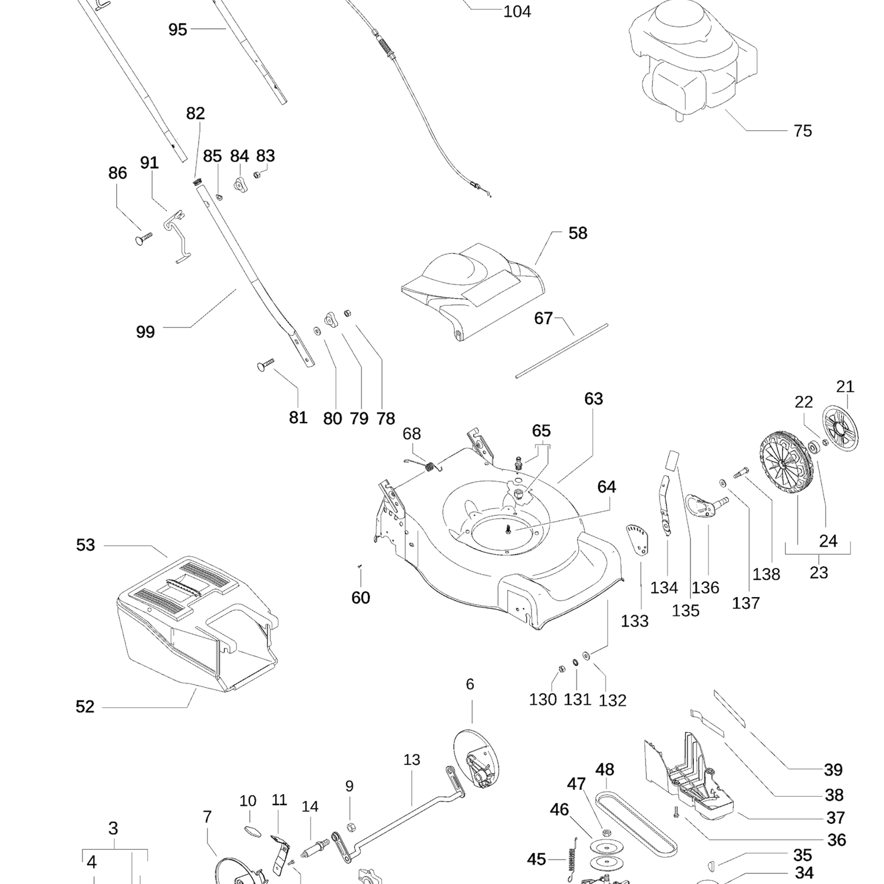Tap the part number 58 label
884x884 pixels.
[x=578, y=233]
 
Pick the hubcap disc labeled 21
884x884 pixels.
[x=841, y=435]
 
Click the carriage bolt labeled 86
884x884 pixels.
[x=143, y=238]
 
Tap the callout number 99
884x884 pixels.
[x=146, y=332]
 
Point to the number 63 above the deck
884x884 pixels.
[x=593, y=399]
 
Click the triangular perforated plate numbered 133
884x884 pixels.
[x=638, y=539]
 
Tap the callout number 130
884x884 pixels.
[x=543, y=700]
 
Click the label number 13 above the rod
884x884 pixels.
[x=412, y=760]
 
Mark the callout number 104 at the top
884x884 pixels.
[x=517, y=12]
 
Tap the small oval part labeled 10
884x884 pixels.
[x=252, y=830]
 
